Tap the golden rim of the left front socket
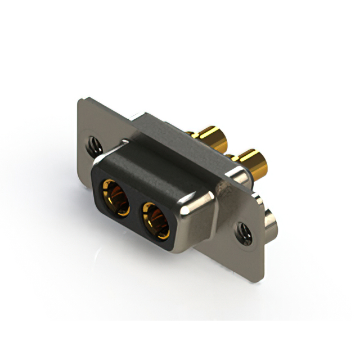[x=107, y=188]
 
